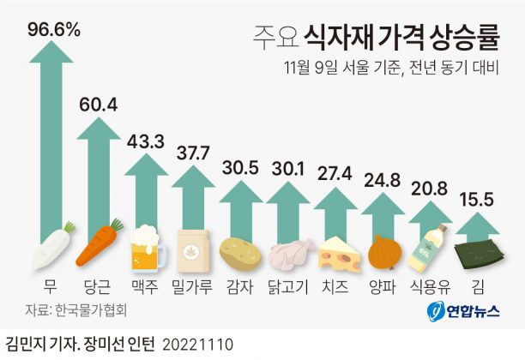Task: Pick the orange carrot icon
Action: [x=100, y=246]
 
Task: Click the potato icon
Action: [x=240, y=252]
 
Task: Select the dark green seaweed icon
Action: [x=475, y=250]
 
